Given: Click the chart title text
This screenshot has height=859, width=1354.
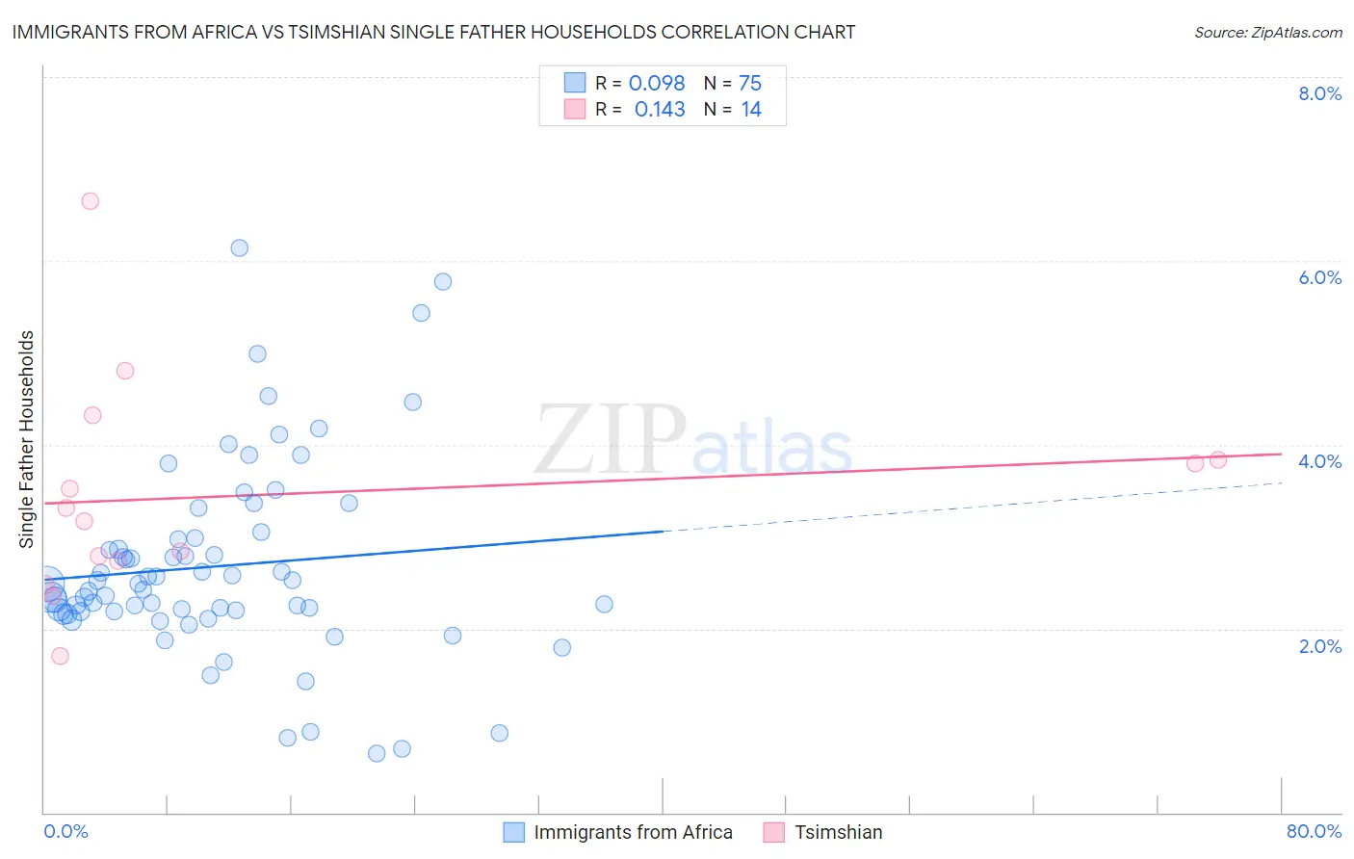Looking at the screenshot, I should coord(433,32).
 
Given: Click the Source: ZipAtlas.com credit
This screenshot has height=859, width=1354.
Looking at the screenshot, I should coord(1267,32).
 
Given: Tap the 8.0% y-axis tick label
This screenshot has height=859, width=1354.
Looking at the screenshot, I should coord(1319,93).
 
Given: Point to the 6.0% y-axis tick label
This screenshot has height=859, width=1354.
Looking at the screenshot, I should coord(1319,277).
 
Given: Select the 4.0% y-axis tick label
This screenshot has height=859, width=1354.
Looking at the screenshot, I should coord(1319,461).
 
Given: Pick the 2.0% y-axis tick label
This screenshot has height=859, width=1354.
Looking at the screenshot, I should coord(1319,646).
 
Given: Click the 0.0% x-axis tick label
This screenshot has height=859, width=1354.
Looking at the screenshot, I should coord(65,831).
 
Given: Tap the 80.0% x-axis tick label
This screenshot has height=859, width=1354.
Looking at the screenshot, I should coord(1314,831).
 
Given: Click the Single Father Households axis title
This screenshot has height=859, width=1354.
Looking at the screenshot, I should coord(26,439).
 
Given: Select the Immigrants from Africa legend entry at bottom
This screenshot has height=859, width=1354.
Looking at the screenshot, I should coord(633,832).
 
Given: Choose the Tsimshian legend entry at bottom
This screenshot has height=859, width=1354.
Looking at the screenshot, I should coord(838,832).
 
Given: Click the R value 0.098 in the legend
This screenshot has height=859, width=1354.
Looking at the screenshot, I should coord(657,84).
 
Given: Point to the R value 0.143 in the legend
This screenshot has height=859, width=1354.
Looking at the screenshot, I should coord(660,110).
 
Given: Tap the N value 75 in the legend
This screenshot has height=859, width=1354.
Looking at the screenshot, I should coord(750,84).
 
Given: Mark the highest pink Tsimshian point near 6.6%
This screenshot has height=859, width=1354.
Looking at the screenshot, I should coord(91,201).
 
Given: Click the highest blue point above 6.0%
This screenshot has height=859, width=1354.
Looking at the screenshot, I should coord(240,248).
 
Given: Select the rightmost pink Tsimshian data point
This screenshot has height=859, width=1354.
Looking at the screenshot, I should coord(1218,459).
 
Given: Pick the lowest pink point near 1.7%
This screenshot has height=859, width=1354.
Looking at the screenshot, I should coord(60,656).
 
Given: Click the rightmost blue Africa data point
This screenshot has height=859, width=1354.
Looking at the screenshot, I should coord(604,605).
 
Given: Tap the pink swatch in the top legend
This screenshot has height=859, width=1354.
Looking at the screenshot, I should coord(575,109).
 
